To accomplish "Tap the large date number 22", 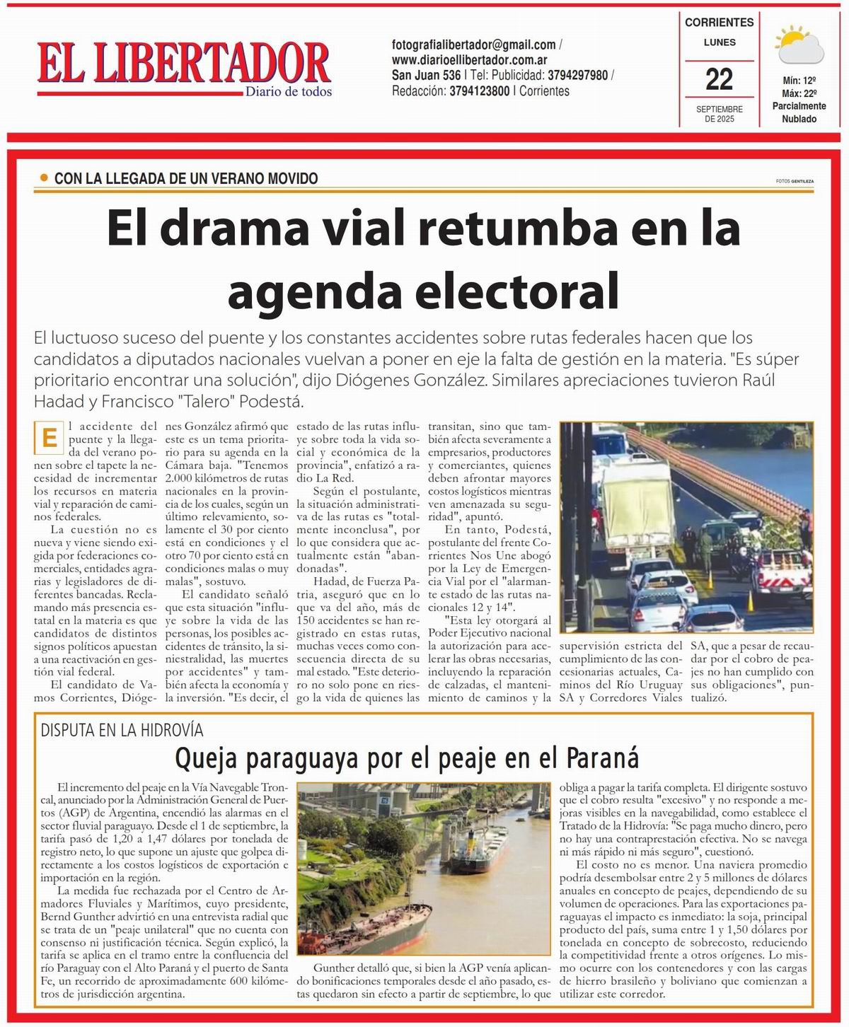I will (719, 79).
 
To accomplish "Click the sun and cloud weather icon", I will (799, 46).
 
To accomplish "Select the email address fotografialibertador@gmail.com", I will (473, 45).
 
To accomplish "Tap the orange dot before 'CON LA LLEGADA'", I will (44, 178).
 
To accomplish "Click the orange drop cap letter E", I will (49, 438).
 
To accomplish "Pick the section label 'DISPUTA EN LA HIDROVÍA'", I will (122, 730).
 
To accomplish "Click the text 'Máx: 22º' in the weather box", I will (799, 93).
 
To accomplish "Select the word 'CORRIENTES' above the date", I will (719, 22).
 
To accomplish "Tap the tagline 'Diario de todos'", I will (288, 91).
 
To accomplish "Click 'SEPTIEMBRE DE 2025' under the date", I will (719, 114).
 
